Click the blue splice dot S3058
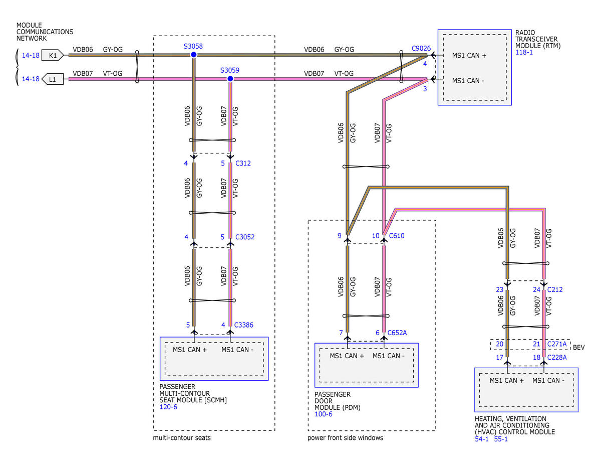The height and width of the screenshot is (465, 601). pyautogui.click(x=194, y=55)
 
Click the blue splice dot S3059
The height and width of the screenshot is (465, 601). pyautogui.click(x=230, y=79)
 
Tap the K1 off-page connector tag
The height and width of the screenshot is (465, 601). pyautogui.click(x=53, y=55)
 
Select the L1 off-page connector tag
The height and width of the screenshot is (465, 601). pyautogui.click(x=53, y=79)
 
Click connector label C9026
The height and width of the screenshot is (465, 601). pyautogui.click(x=421, y=49)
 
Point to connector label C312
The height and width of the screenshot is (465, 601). pyautogui.click(x=243, y=163)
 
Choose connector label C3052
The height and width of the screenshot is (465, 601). pyautogui.click(x=245, y=237)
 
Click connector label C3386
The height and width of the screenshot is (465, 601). pyautogui.click(x=244, y=325)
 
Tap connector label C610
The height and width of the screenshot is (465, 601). pyautogui.click(x=397, y=236)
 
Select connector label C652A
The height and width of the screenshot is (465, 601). pyautogui.click(x=397, y=333)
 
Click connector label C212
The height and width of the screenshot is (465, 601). pyautogui.click(x=555, y=290)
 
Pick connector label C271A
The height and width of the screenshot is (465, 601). pyautogui.click(x=557, y=344)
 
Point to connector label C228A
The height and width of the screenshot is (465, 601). pyautogui.click(x=557, y=358)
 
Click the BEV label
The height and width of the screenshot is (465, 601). pyautogui.click(x=578, y=348)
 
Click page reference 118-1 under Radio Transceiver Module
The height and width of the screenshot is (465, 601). pyautogui.click(x=524, y=52)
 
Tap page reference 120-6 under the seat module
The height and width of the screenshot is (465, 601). pyautogui.click(x=168, y=407)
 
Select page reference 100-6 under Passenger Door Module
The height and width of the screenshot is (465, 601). pyautogui.click(x=324, y=414)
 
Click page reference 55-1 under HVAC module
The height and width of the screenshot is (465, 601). pyautogui.click(x=501, y=439)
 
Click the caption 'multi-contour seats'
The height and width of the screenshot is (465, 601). pyautogui.click(x=182, y=438)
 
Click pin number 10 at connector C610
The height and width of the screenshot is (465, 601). pyautogui.click(x=375, y=236)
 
